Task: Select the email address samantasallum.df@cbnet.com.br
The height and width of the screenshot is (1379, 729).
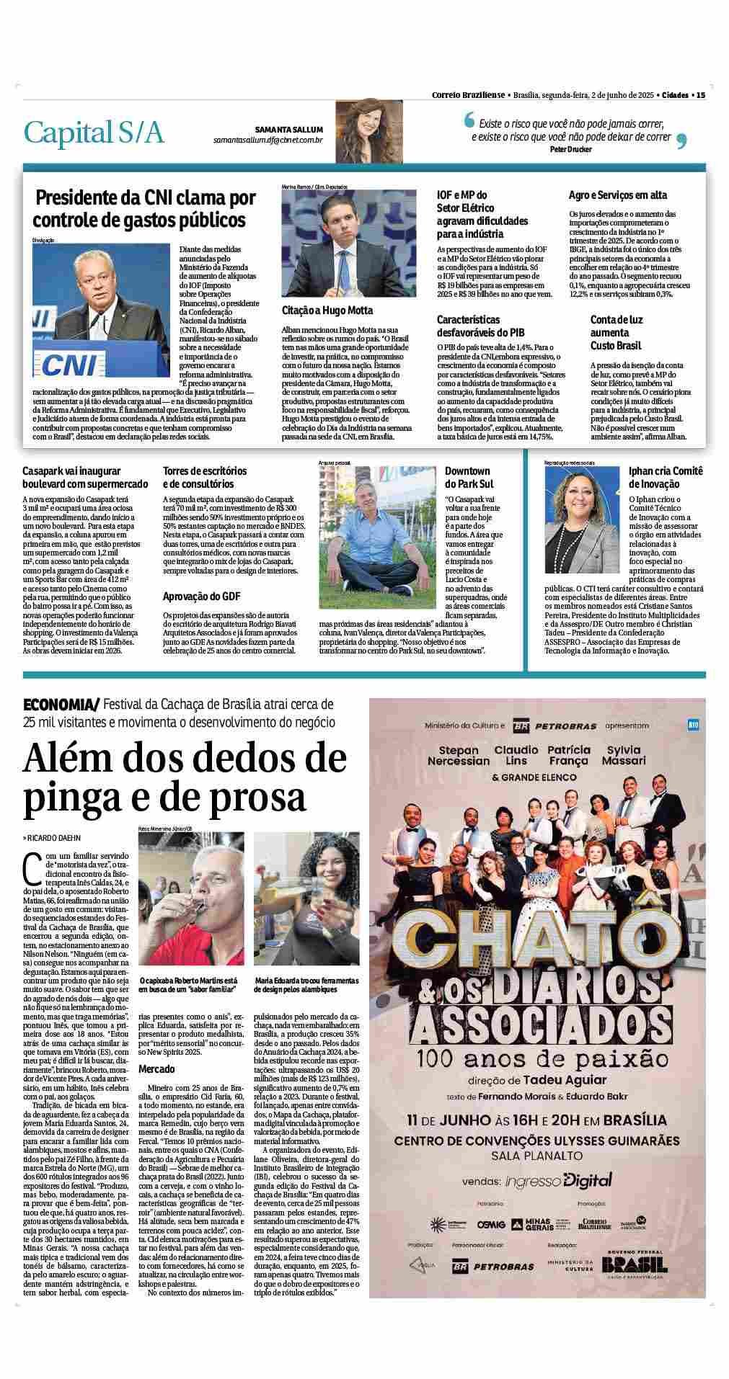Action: coord(268,139)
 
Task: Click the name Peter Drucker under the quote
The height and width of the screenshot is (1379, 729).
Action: coord(570,149)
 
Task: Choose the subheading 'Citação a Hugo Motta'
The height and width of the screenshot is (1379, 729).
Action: coord(327,311)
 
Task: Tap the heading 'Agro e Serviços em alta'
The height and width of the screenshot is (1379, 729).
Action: coord(617,195)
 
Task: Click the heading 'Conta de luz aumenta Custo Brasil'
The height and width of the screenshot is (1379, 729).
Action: coord(618,332)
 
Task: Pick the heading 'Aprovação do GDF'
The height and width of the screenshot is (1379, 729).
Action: coord(201,597)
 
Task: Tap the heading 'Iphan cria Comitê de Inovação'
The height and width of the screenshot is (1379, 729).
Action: coord(665,478)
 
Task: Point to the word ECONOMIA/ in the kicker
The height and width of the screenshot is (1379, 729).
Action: coord(61,704)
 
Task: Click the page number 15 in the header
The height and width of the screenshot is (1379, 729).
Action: coord(699,94)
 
